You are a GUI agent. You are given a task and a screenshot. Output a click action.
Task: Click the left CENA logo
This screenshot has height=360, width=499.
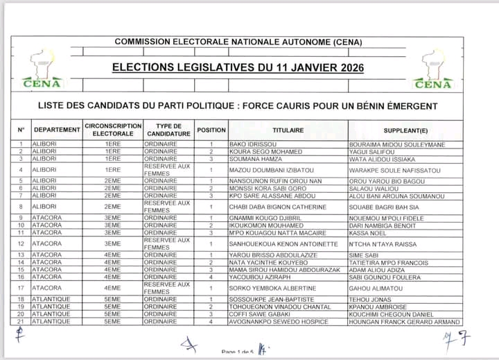44,69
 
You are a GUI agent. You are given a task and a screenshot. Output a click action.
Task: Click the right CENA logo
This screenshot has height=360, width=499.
433,69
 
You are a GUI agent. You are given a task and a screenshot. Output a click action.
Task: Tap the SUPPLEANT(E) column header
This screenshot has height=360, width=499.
405,130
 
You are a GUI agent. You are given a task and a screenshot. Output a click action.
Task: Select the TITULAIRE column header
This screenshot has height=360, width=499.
288,130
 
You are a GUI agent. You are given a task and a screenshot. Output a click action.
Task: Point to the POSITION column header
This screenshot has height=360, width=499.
211,130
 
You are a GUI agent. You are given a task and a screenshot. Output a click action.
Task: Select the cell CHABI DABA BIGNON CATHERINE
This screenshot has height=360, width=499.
277,207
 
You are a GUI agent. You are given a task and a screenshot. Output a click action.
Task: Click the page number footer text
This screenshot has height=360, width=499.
238,351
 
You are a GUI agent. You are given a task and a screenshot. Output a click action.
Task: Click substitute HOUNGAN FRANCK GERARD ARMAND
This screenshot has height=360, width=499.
404,322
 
